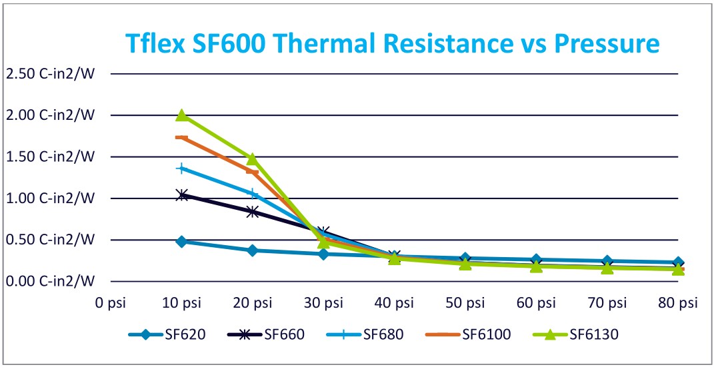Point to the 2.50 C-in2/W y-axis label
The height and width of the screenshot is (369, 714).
(x=51, y=73)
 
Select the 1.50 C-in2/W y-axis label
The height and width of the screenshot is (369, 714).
(x=51, y=157)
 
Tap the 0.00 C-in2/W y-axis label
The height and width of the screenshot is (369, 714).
(x=51, y=280)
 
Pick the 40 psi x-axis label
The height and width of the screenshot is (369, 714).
(x=394, y=303)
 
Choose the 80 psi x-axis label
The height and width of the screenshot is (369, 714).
(x=678, y=303)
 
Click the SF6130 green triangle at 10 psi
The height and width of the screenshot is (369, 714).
(x=181, y=115)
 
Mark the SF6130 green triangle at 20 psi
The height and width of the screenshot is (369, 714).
(x=252, y=159)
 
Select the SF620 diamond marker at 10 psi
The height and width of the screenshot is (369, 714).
(x=181, y=241)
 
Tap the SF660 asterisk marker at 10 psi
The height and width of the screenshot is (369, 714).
(x=181, y=194)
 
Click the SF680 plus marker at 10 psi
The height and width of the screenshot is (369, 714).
(x=181, y=169)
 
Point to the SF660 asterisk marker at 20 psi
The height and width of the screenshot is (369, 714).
(x=252, y=212)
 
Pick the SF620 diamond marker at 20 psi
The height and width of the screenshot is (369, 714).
(x=252, y=250)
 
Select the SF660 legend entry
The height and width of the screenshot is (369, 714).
(x=267, y=334)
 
